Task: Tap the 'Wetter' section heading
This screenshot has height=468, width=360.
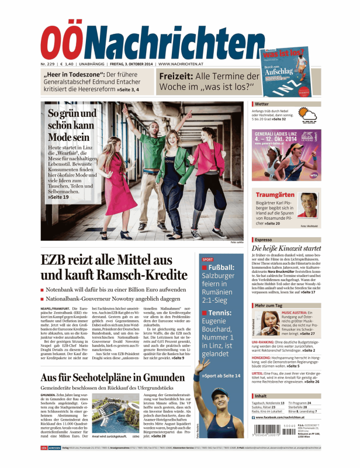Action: click(262, 104)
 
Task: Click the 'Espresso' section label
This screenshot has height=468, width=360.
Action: click(264, 240)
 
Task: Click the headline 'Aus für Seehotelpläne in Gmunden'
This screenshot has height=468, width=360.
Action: click(116, 361)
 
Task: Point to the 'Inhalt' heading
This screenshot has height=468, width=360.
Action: click(261, 396)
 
